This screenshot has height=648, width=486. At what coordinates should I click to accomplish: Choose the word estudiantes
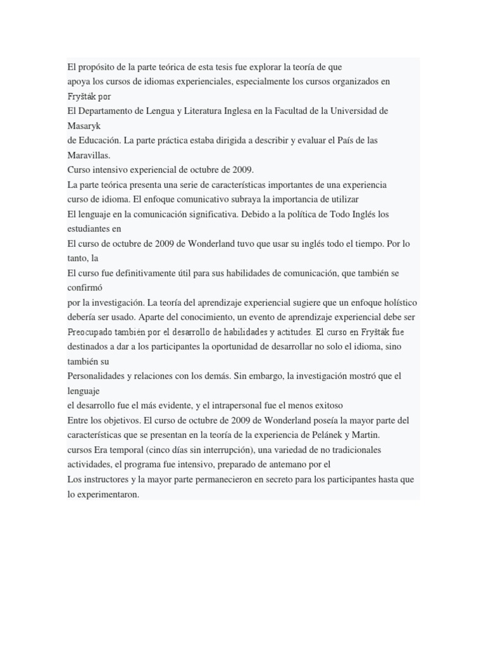[88, 228]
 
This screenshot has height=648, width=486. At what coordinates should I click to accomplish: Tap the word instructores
[108, 480]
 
